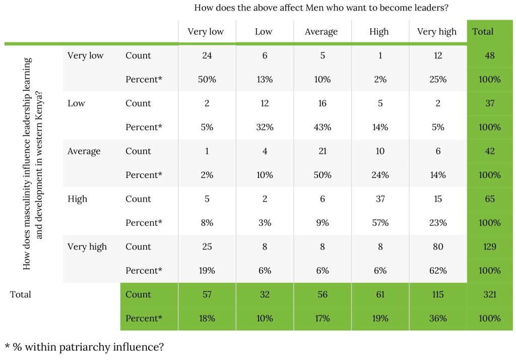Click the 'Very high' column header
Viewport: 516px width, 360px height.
(436, 32)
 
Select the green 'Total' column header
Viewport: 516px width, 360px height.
(483, 32)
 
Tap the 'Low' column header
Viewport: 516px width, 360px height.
(264, 32)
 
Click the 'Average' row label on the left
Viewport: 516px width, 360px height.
(84, 151)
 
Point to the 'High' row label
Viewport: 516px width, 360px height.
(77, 199)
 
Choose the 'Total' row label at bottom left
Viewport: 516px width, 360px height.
(21, 294)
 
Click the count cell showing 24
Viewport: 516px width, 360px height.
(207, 55)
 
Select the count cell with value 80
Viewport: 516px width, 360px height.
(437, 247)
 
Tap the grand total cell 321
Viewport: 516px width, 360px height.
(489, 294)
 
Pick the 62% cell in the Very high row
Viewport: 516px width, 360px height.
(437, 271)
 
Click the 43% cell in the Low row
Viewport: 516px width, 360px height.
(322, 128)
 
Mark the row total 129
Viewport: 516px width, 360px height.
(489, 247)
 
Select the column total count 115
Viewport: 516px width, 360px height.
(437, 294)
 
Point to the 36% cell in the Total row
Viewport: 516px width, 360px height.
(437, 319)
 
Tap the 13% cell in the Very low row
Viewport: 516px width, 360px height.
(264, 80)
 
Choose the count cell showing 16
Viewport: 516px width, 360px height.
(322, 103)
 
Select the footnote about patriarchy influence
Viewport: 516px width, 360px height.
(85, 347)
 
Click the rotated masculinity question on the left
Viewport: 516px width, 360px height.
(33, 164)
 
